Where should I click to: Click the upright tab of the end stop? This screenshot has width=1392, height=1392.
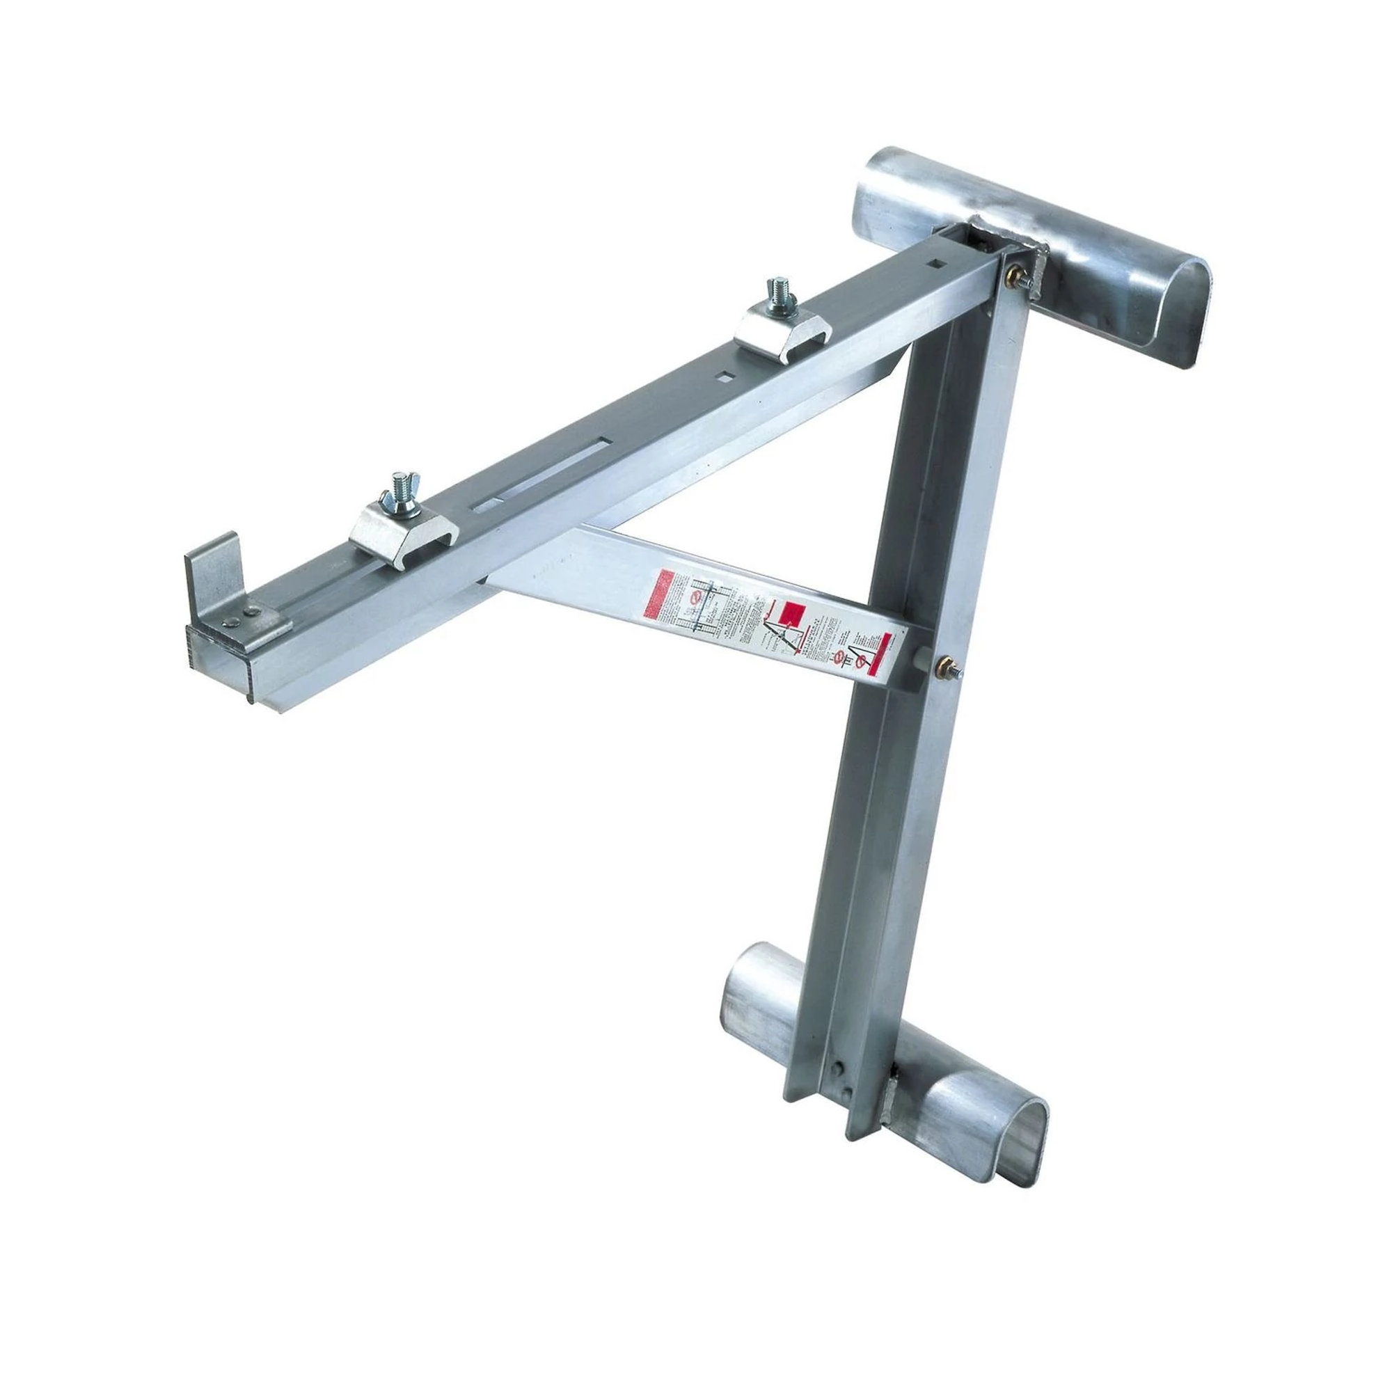click(211, 576)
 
